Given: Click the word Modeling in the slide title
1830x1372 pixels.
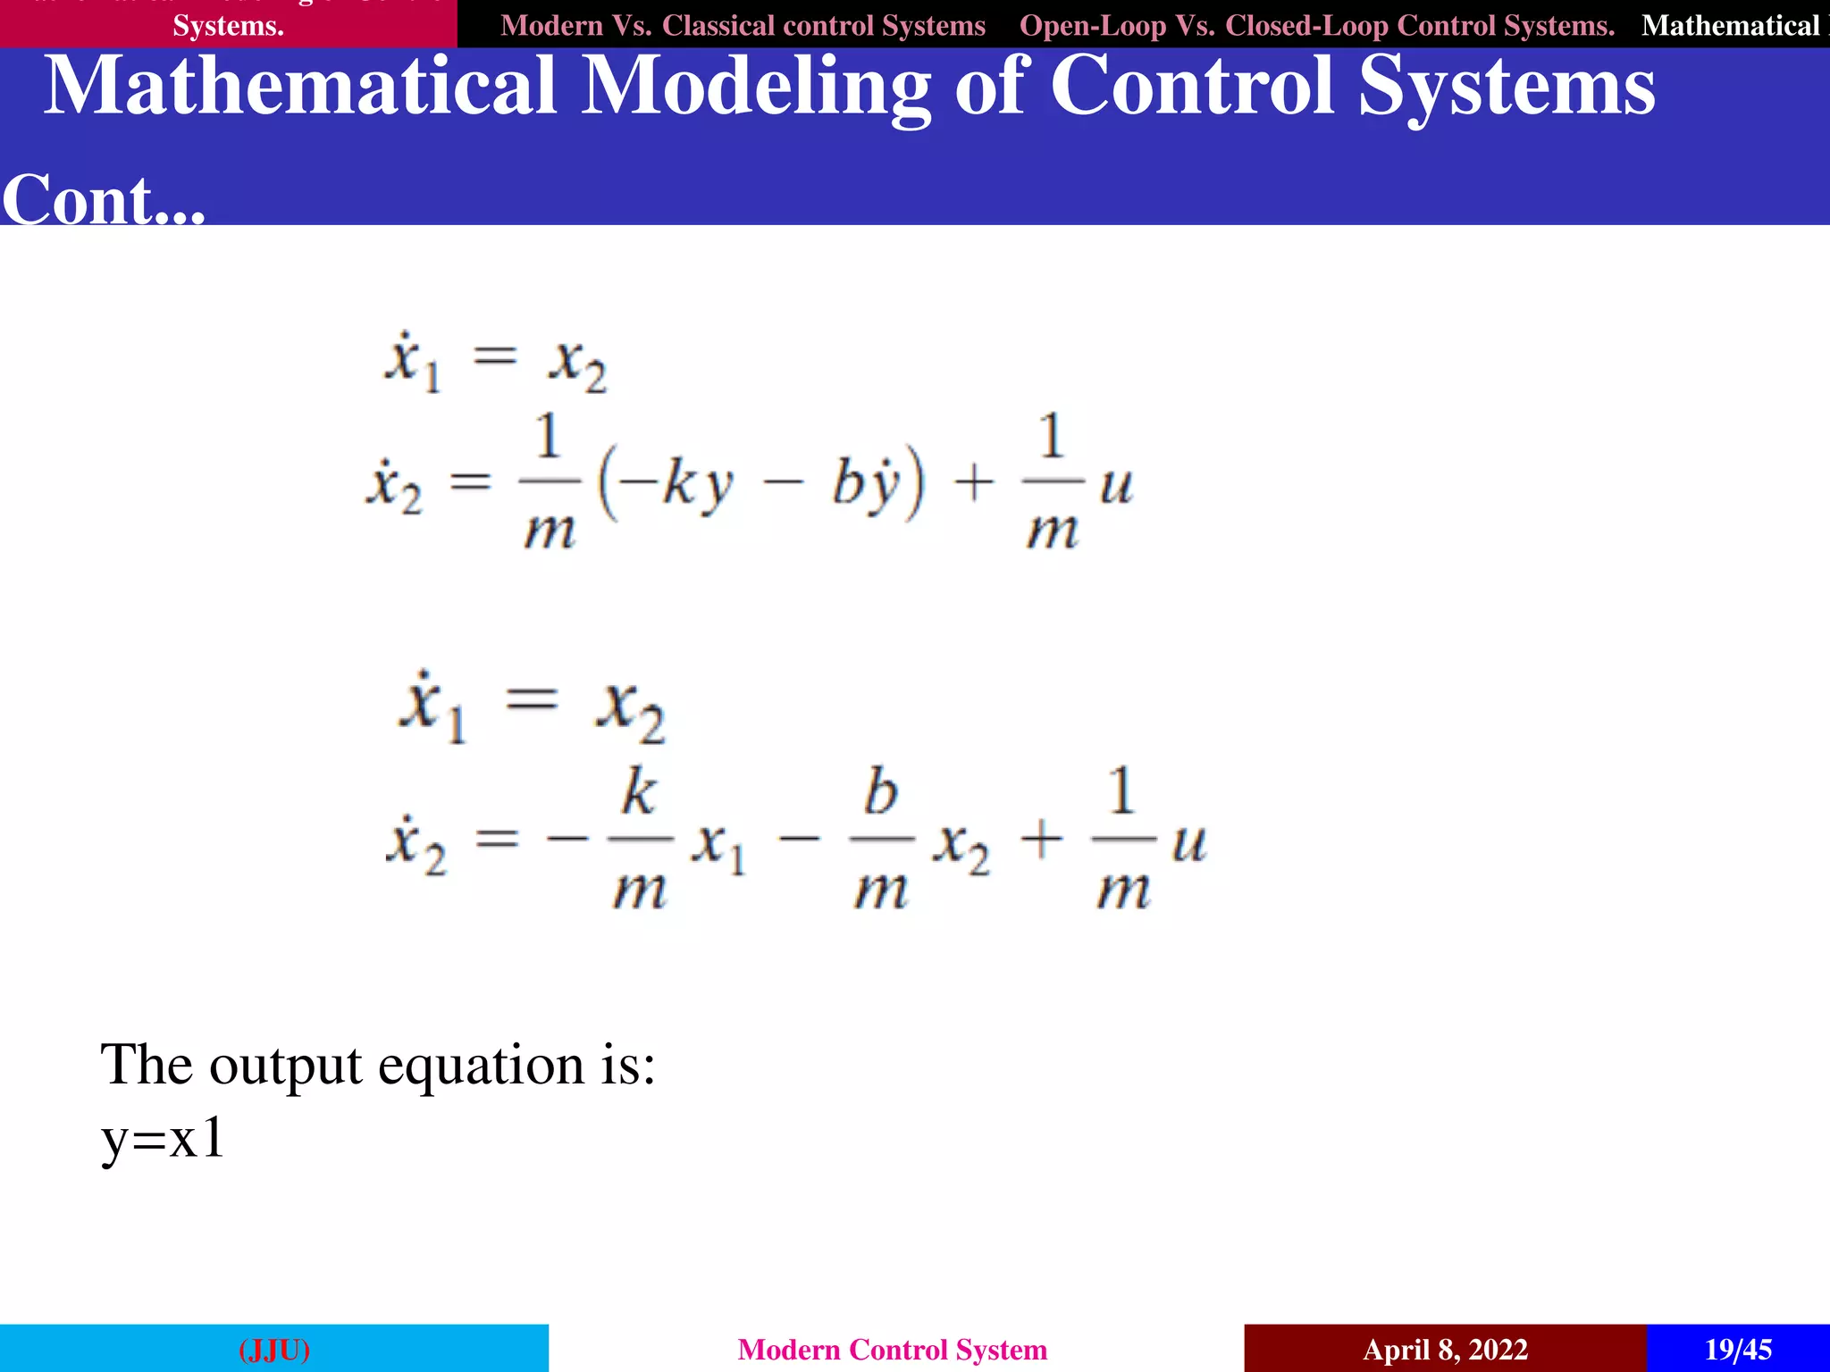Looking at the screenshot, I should click(756, 87).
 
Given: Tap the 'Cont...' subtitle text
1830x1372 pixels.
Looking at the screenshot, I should click(104, 199).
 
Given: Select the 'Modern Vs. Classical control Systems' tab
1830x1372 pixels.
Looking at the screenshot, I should click(743, 25).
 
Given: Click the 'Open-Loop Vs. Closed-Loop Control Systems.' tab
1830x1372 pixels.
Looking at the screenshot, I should click(1316, 25).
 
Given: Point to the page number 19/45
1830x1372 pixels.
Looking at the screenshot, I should click(1738, 1349).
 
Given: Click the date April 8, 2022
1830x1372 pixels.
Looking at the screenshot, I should click(1445, 1349).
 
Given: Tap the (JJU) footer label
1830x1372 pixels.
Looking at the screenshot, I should click(274, 1349).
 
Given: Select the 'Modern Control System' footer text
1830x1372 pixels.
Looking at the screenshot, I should click(892, 1349).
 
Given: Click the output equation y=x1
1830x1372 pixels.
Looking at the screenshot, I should click(163, 1139).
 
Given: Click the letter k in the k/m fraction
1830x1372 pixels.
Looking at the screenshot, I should click(639, 791).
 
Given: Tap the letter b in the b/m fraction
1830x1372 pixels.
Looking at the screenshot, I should click(880, 791).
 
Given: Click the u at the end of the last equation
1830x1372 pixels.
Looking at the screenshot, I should click(1189, 842).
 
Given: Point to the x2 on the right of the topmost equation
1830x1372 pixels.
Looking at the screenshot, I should click(577, 364).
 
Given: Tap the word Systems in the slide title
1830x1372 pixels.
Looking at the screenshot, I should click(1507, 87).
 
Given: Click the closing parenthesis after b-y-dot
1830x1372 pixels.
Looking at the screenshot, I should click(913, 485).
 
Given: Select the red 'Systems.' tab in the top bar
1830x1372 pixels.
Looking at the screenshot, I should click(228, 25).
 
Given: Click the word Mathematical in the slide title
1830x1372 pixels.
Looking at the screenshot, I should click(301, 87).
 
